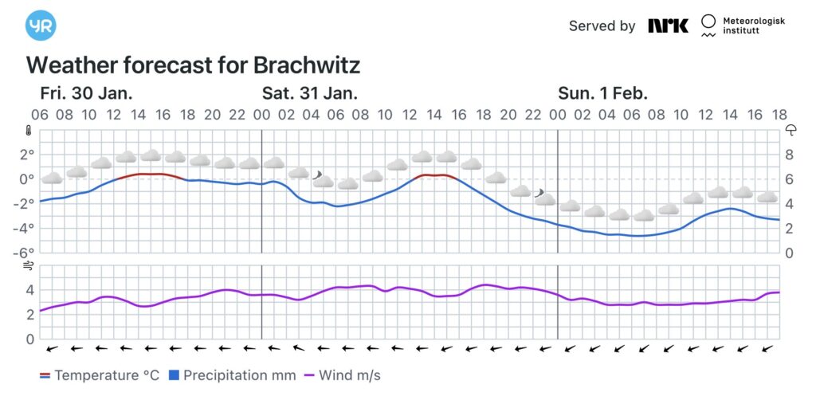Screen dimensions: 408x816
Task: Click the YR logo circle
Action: tap(41, 25)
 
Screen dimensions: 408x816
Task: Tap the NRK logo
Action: tap(668, 25)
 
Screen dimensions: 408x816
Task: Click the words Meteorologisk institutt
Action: tap(752, 25)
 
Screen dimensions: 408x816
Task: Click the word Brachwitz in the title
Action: tap(307, 65)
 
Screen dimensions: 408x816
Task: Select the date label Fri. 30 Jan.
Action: tap(86, 92)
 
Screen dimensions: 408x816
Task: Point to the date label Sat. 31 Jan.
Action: tap(310, 92)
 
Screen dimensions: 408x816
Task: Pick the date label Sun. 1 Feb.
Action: tap(602, 92)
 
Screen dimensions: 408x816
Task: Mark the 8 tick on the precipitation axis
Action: tap(790, 154)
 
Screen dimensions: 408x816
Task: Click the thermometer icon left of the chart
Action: tap(28, 130)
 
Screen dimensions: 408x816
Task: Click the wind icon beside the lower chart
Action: tap(28, 266)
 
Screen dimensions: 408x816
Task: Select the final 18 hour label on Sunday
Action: tap(779, 115)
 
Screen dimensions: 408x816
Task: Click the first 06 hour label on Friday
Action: tap(40, 115)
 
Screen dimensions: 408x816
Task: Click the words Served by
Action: tap(602, 25)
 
